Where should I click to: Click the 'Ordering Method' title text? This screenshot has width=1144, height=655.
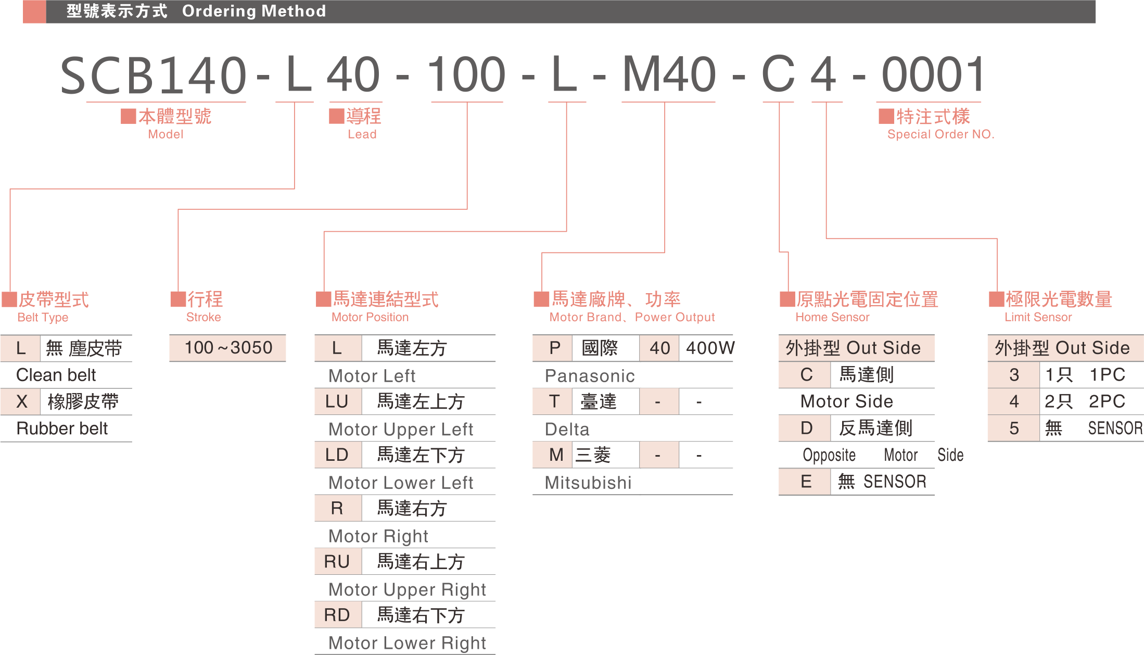coord(253,11)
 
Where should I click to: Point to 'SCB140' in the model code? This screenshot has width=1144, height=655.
coord(153,75)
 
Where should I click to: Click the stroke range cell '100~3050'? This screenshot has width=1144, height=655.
coord(228,348)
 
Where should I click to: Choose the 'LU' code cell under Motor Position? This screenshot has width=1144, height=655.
coord(337,401)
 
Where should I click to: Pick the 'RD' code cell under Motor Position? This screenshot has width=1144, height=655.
coord(337,615)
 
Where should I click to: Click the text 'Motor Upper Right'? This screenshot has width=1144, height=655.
coord(407,589)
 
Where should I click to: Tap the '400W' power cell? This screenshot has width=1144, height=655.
coord(710,348)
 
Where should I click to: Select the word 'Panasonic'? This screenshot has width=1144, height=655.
coord(590,375)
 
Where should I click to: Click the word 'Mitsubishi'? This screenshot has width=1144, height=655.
coord(588,483)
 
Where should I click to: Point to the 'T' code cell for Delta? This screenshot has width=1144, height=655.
coord(554,401)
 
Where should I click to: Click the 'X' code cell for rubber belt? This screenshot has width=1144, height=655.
coord(21,401)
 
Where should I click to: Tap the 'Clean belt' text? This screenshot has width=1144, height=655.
coord(56,375)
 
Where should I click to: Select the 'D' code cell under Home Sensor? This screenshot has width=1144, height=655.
coord(806,428)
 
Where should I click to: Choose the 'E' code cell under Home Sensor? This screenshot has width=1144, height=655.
coord(806,482)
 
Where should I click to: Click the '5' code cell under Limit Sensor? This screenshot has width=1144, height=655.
coord(1014,428)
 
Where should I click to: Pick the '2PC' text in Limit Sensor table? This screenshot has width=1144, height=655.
coord(1107,401)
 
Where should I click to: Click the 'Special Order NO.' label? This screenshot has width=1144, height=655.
coord(940,134)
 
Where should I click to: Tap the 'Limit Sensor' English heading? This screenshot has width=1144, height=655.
coord(1038,317)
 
